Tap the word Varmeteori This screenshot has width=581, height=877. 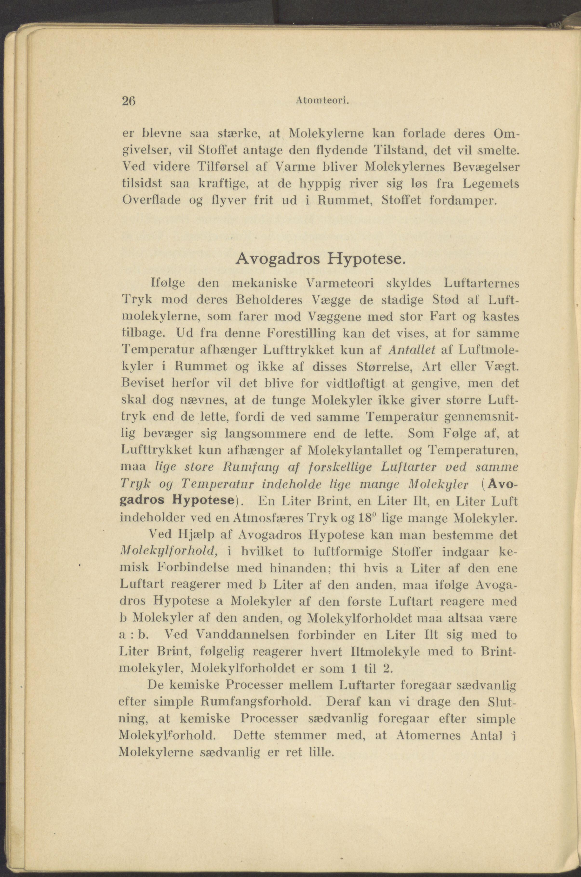point(340,284)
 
